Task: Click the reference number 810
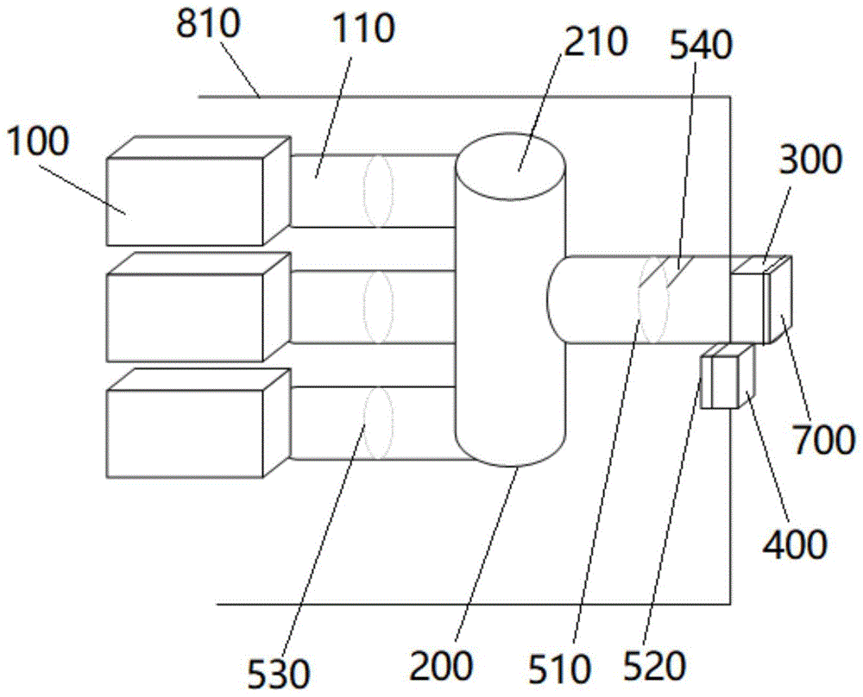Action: (x=207, y=27)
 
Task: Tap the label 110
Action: (x=363, y=30)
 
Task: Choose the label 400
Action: (x=791, y=543)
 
